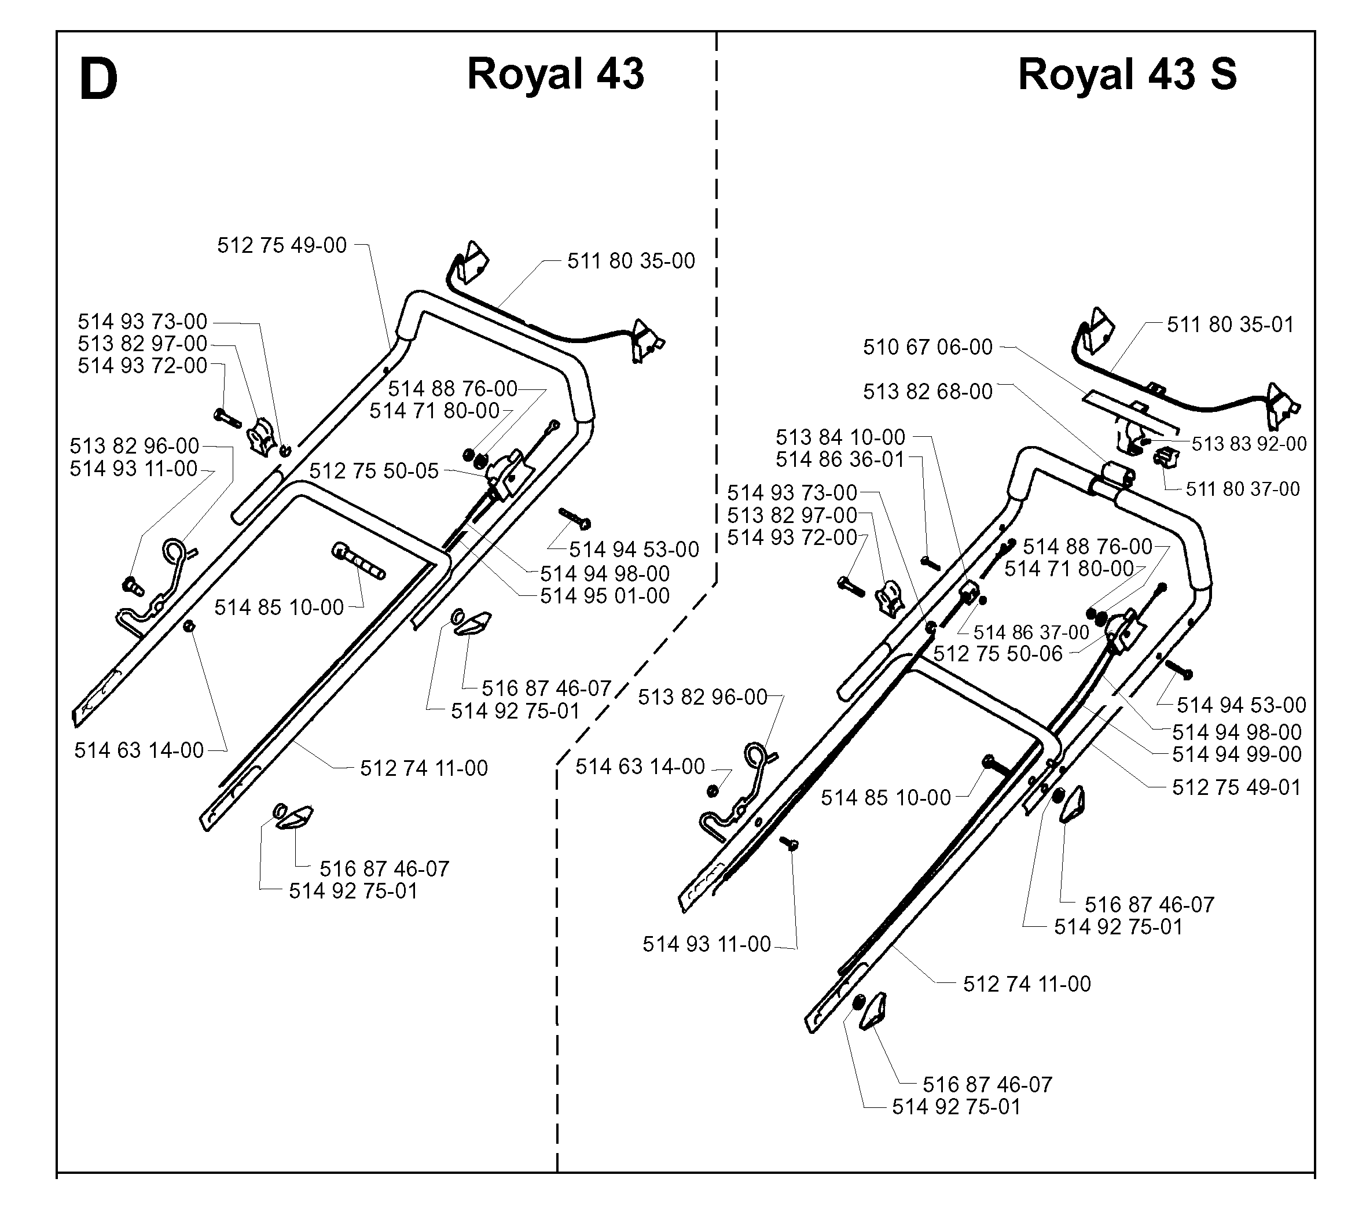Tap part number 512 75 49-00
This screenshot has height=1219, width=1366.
282,245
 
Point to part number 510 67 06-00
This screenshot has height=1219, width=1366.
928,347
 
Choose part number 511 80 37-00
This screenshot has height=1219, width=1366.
1243,489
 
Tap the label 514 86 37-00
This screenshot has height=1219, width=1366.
1031,632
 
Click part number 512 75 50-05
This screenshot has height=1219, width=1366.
374,471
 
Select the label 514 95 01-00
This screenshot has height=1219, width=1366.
605,595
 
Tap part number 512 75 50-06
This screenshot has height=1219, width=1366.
998,654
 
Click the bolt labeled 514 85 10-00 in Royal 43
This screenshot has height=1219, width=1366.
358,561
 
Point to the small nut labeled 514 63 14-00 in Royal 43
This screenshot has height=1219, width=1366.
189,626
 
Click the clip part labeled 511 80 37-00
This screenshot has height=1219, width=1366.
1166,457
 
